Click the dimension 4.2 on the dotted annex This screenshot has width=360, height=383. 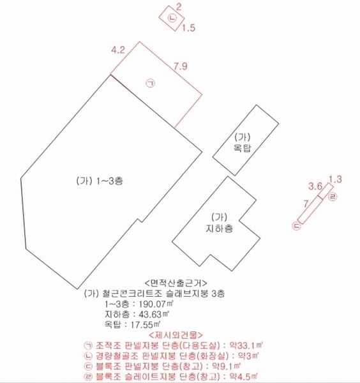pos(118,50)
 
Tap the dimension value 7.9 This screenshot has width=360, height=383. pos(181,66)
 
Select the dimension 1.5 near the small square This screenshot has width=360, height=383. pos(188,28)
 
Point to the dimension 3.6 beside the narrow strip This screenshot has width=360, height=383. pos(315,186)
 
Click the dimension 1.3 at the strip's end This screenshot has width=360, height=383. pos(335,179)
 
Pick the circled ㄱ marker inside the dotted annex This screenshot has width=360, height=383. pos(151,83)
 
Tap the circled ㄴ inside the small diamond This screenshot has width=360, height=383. pos(172,18)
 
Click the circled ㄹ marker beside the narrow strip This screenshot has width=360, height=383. pos(333,197)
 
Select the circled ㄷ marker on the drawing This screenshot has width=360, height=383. pos(297,226)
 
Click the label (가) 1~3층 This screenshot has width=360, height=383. pos(100,181)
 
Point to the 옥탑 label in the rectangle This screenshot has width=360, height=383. pos(243,148)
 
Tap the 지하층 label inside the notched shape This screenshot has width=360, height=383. pos(220,228)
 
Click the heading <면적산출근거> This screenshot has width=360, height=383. pos(176,283)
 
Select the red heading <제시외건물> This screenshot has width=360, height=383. pos(176,334)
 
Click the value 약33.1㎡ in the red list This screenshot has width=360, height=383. pos(246,345)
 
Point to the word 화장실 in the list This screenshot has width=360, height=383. pos(212,356)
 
